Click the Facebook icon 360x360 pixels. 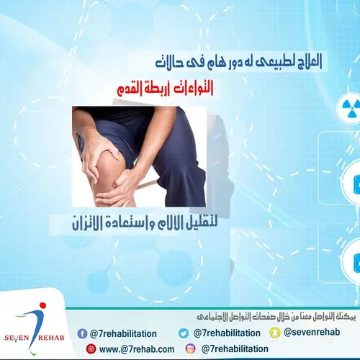[81, 333]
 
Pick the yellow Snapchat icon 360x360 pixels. [274, 333]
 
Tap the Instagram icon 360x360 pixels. [190, 348]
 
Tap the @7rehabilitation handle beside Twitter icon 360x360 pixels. [226, 333]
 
